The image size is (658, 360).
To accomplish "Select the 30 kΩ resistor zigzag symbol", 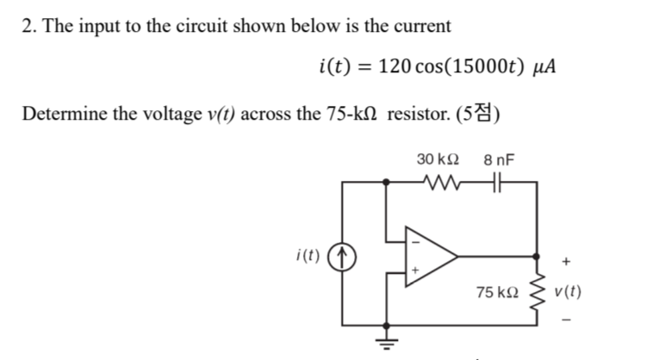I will point(445,182).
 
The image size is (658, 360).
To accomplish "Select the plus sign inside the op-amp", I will point(416,271).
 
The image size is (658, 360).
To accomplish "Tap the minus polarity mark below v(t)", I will point(565,323).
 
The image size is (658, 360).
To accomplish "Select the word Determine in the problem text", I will point(60,114).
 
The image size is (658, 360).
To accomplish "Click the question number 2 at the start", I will point(27,25).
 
